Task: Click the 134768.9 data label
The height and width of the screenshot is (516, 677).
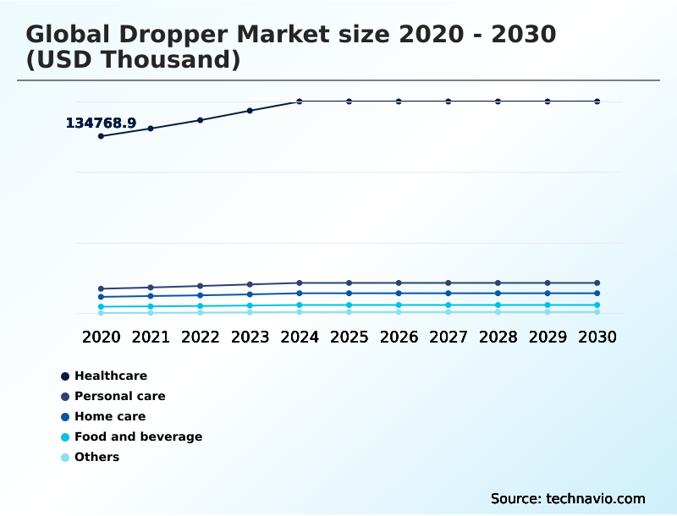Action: (x=101, y=124)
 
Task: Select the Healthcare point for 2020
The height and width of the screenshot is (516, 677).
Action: (x=101, y=136)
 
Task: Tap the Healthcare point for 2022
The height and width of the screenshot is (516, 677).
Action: (x=201, y=120)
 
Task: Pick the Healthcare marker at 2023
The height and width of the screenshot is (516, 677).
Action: (x=250, y=111)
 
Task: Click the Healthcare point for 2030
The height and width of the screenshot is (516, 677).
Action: (x=597, y=102)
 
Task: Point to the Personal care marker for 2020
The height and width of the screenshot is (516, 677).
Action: (x=101, y=289)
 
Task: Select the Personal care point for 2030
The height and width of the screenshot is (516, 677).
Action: (x=597, y=283)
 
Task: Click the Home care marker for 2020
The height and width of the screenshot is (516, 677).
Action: (x=101, y=297)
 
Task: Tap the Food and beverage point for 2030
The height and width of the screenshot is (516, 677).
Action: (x=597, y=305)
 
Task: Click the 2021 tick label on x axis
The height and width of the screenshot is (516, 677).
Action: (x=151, y=337)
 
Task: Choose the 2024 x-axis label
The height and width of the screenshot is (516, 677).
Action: (x=300, y=337)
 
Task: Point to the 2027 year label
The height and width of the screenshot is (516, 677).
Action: (x=449, y=337)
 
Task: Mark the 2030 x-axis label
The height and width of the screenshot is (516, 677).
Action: (x=597, y=337)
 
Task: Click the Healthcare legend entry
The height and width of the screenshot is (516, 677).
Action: (x=110, y=376)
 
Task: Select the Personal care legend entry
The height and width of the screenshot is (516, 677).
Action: (x=119, y=396)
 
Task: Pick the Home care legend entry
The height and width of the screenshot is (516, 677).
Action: (x=109, y=416)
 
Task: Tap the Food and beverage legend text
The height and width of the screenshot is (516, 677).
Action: (x=138, y=436)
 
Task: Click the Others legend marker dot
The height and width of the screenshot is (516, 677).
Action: (x=65, y=458)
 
